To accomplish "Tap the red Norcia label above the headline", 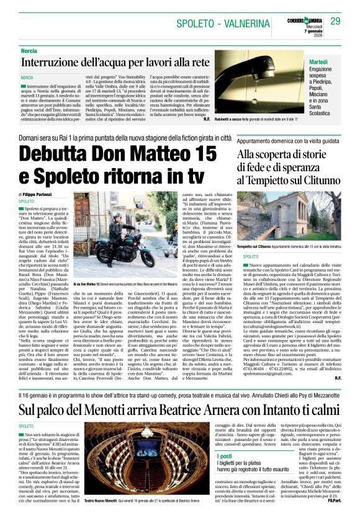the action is coord(29,50).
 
